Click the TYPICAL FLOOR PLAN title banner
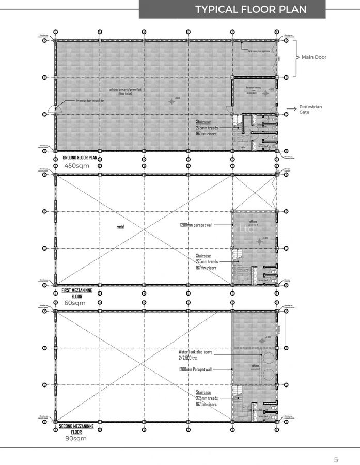coord(251,9)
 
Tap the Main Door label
coord(314,57)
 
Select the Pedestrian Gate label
coord(310,109)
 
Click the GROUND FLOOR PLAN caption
coord(80,157)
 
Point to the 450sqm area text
coord(77,166)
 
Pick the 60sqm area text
coord(75,303)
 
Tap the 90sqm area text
coord(76,438)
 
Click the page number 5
coord(336,459)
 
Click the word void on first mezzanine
coord(120,226)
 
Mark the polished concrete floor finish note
coord(126,91)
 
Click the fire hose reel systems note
coord(259,51)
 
